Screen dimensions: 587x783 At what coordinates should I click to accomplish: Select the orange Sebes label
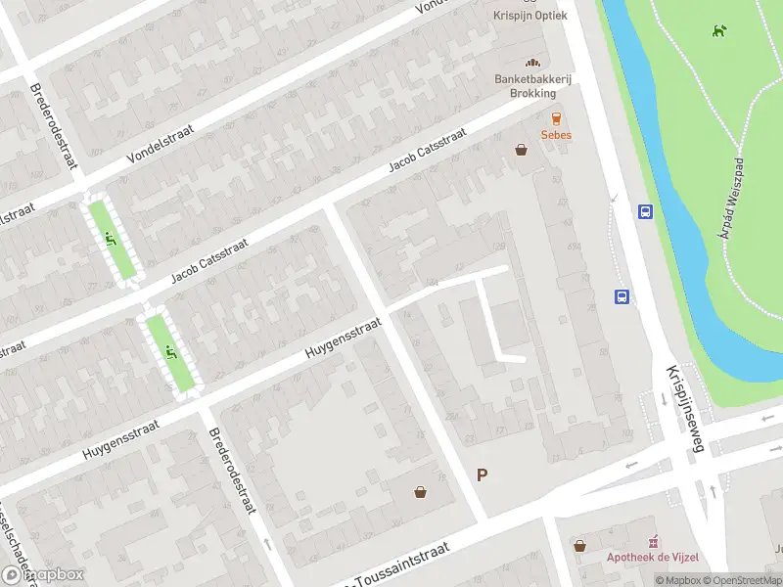(557, 135)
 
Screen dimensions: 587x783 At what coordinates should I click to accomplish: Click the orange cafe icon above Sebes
(557, 118)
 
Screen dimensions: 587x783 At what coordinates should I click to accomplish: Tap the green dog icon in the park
(719, 30)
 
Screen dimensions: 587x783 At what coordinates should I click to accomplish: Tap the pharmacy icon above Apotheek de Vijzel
(654, 542)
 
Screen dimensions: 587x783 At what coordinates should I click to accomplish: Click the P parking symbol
(482, 475)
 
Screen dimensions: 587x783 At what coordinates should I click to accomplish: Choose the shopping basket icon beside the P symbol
(420, 492)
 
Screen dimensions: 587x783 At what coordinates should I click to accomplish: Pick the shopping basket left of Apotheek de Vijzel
(580, 546)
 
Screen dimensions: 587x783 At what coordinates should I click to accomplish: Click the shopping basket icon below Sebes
(522, 150)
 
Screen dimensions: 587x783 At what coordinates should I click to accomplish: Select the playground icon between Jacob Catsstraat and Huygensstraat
(171, 352)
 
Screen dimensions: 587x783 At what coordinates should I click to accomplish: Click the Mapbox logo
(43, 575)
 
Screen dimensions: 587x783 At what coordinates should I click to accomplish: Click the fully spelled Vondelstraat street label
(161, 144)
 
